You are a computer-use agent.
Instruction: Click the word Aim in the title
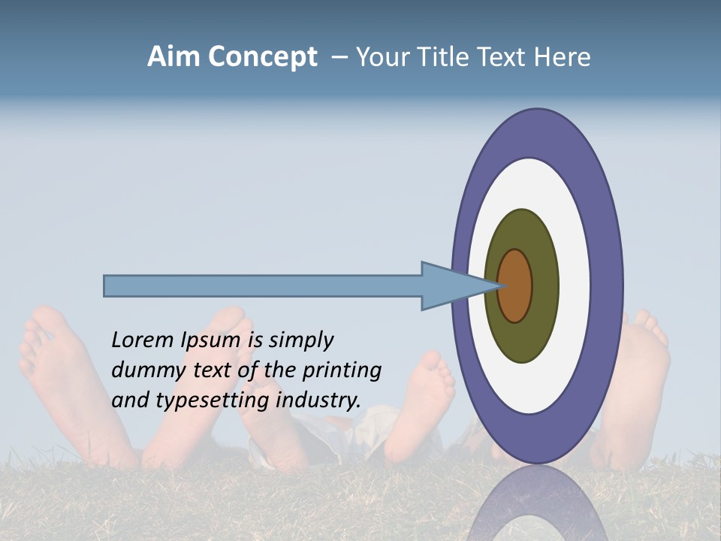coord(173,57)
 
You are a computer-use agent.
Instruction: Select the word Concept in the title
coord(262,57)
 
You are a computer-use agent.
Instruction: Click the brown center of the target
coord(514,286)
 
